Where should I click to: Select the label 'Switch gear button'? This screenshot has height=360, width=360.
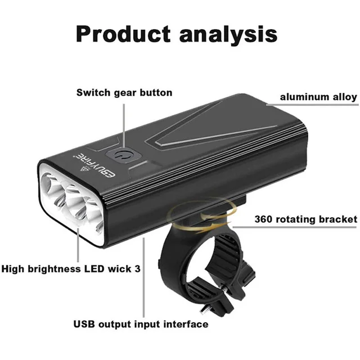pyautogui.click(x=124, y=92)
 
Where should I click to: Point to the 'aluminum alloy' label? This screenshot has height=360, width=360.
pyautogui.click(x=319, y=97)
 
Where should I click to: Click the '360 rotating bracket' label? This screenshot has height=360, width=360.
pyautogui.click(x=305, y=219)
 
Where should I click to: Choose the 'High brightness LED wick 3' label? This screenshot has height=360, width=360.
pyautogui.click(x=70, y=269)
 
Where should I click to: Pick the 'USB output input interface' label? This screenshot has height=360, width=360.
pyautogui.click(x=141, y=324)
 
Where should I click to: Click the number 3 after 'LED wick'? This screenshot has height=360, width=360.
pyautogui.click(x=137, y=269)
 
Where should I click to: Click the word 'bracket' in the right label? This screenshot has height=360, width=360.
pyautogui.click(x=339, y=219)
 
